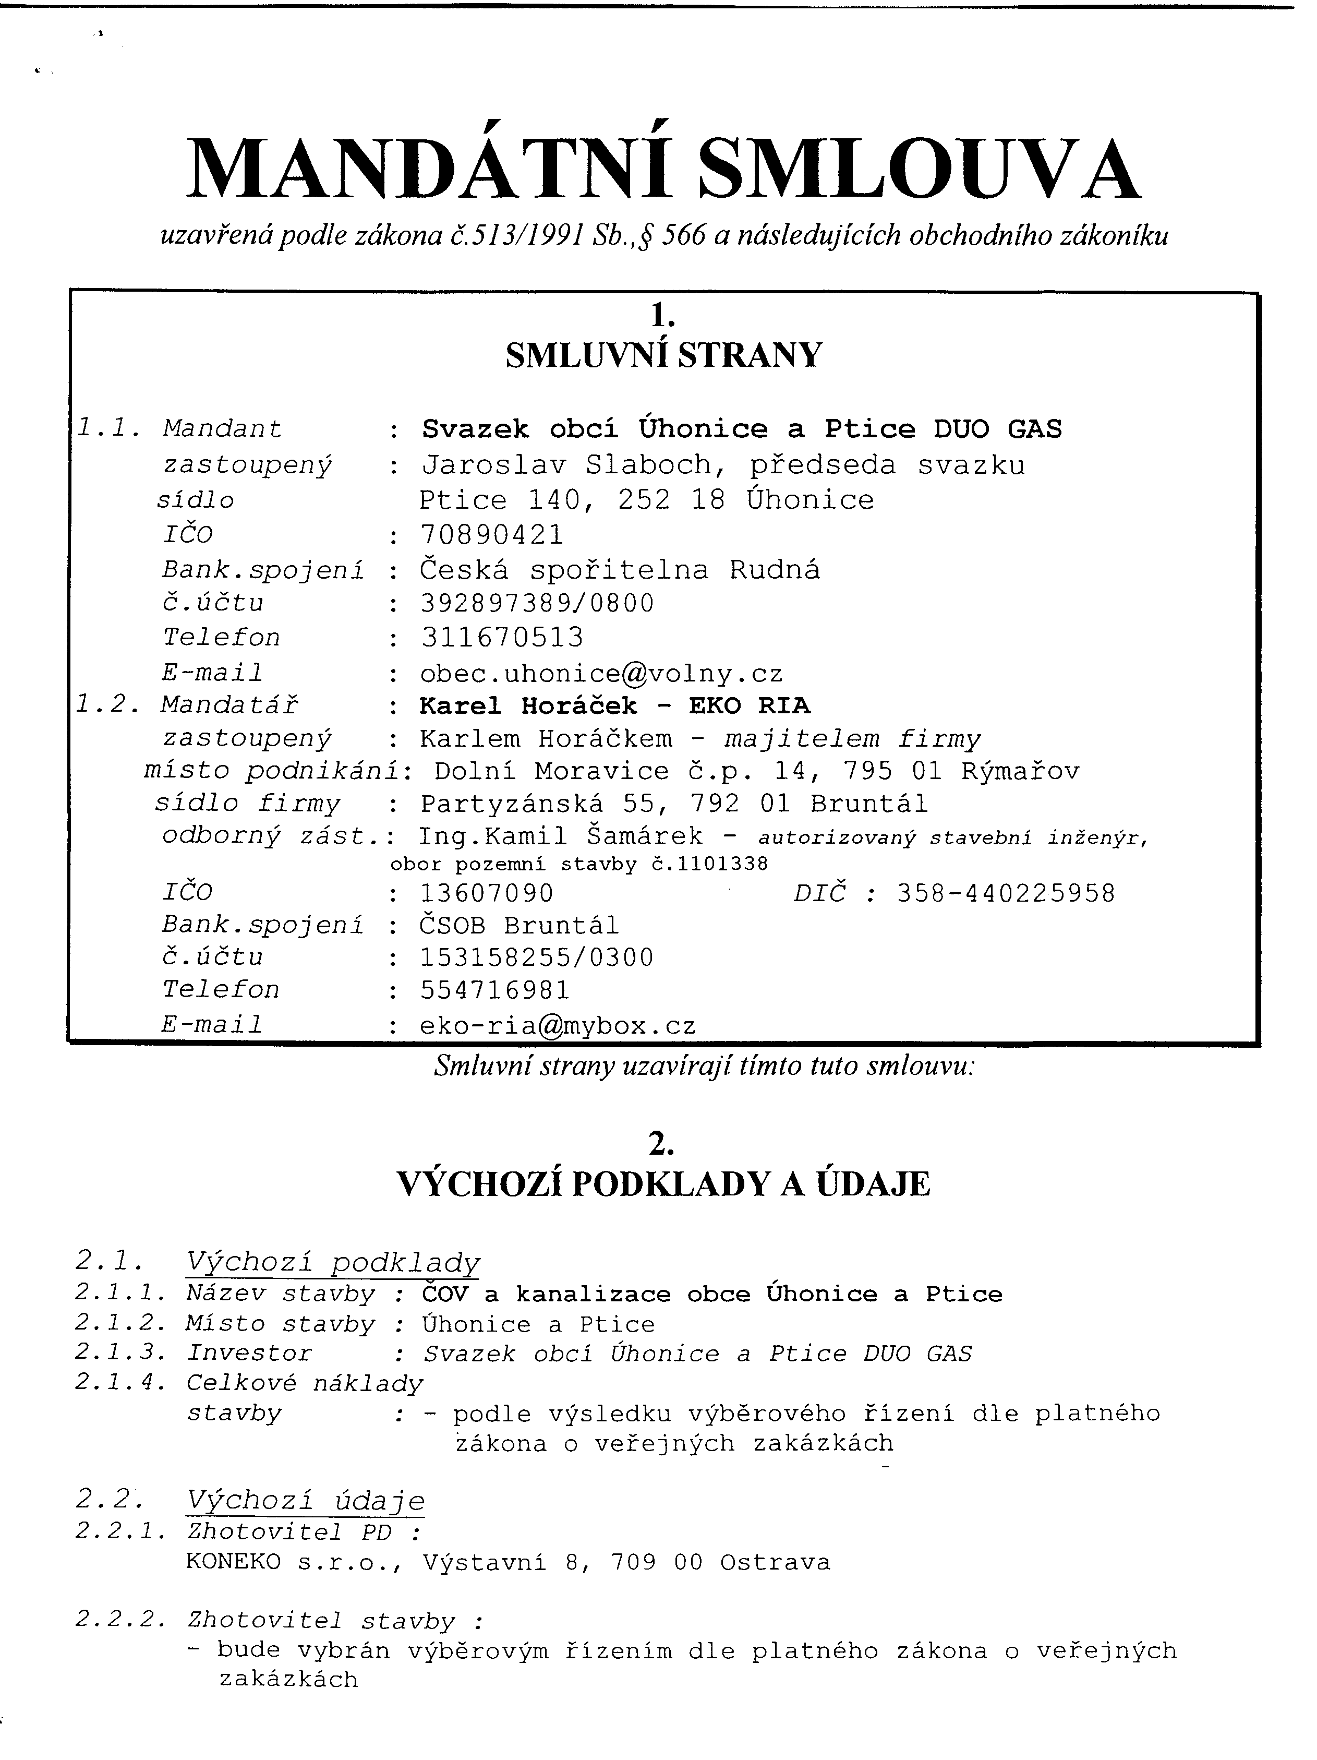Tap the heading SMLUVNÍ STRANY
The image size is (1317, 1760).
point(663,355)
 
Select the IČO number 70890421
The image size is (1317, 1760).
point(491,535)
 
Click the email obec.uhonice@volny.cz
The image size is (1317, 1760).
point(601,674)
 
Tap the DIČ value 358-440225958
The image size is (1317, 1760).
point(1006,893)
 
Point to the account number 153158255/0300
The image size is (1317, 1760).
point(537,957)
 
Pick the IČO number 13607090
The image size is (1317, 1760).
point(487,893)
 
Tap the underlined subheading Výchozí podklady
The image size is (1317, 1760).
point(332,1263)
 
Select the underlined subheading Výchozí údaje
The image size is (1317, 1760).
point(306,1501)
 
